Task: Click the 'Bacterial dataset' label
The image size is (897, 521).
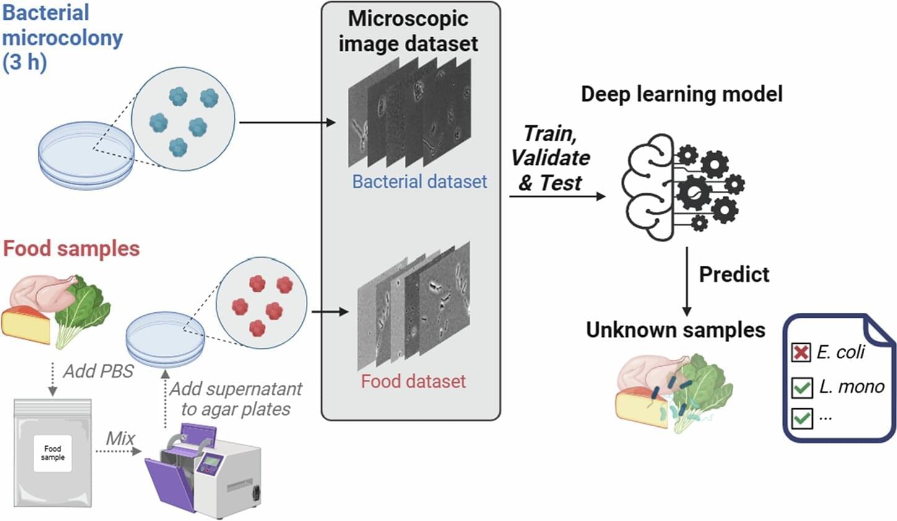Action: tap(419, 182)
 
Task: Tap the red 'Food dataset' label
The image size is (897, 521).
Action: tap(413, 381)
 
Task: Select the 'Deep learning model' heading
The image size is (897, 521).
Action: tap(682, 94)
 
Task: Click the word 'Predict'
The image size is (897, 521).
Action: tap(734, 274)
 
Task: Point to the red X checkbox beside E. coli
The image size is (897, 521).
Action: tap(801, 352)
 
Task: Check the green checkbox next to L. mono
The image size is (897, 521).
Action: tap(802, 388)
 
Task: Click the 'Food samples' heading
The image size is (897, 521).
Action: tap(71, 248)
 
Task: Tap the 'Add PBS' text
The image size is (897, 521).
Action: tap(98, 371)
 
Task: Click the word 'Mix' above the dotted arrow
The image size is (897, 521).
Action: tap(120, 438)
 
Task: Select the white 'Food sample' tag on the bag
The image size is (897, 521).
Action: tap(53, 453)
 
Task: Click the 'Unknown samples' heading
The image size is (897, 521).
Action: tap(675, 330)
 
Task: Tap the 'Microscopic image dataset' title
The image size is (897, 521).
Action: tap(408, 31)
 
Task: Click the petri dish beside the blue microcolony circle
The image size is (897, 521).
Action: tap(85, 155)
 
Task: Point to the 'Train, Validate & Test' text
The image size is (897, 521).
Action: tap(550, 158)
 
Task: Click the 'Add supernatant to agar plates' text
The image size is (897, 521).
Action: tap(236, 399)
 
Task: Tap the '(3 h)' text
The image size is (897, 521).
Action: tap(25, 63)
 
